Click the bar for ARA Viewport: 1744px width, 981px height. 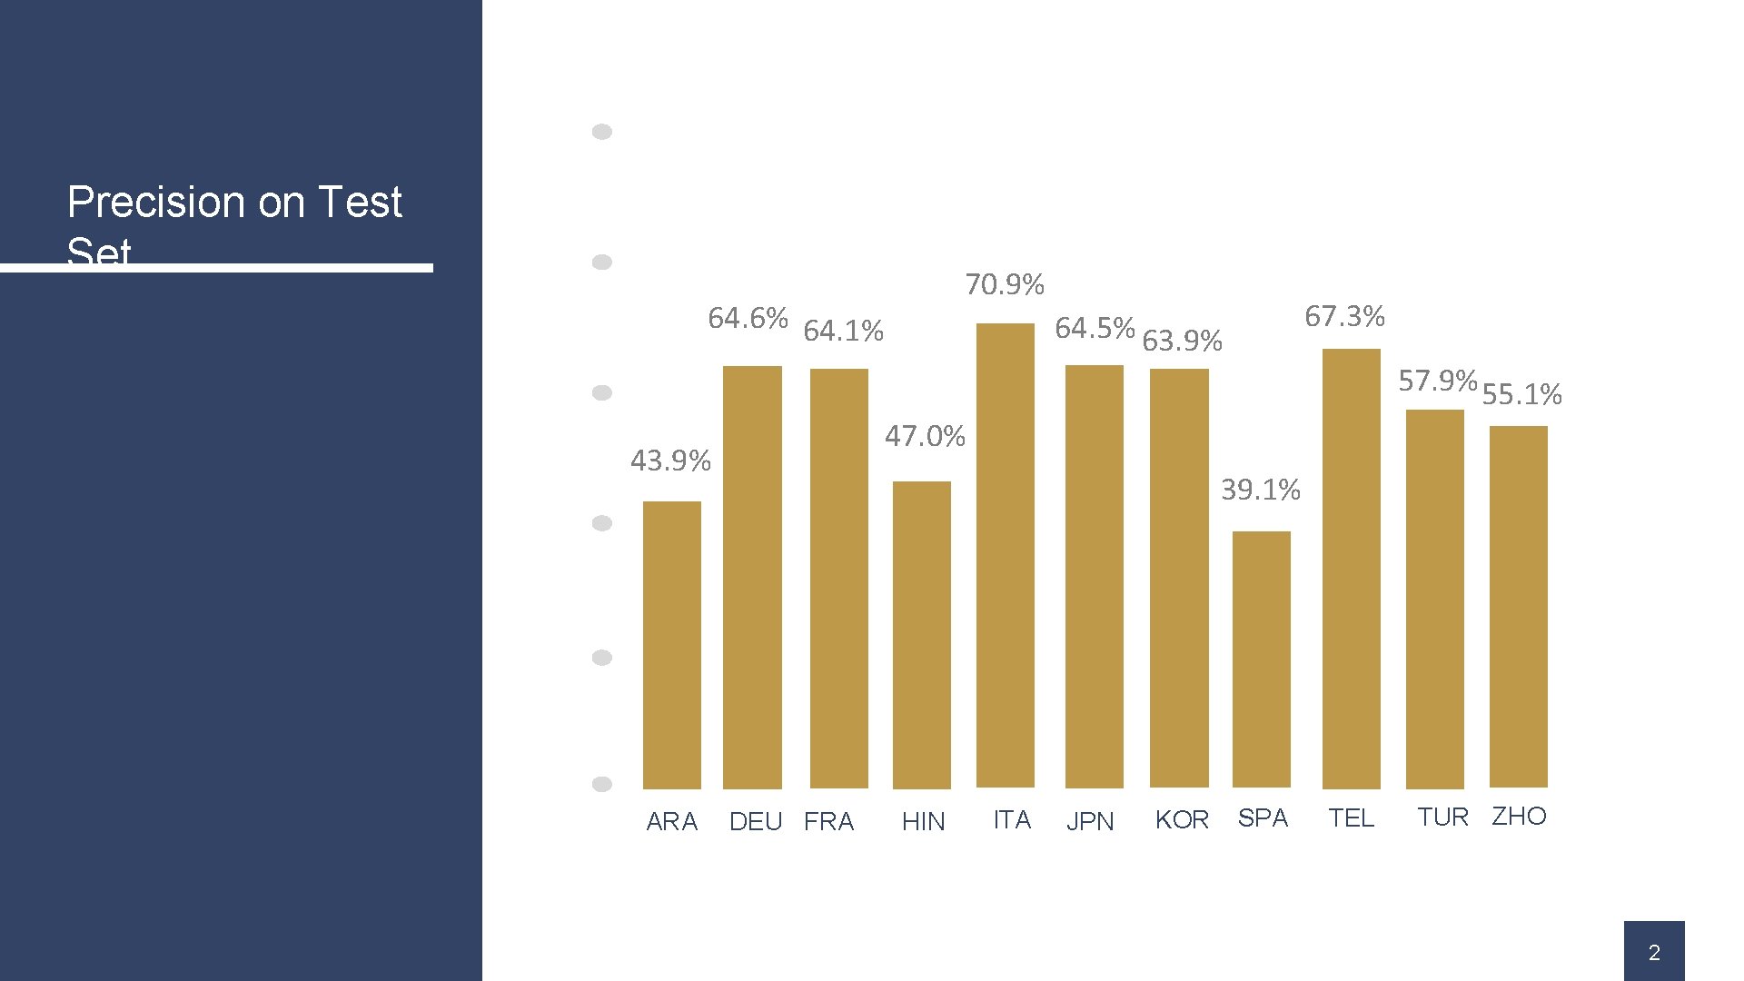[x=671, y=645]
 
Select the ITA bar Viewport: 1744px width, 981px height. [x=1005, y=555]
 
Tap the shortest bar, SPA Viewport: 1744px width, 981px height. [x=1261, y=659]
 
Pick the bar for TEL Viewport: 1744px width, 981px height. [x=1351, y=569]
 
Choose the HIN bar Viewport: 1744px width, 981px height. [x=921, y=635]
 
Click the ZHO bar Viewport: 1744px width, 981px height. [x=1518, y=607]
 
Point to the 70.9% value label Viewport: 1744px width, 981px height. [x=1004, y=285]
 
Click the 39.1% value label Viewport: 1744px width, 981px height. [x=1260, y=490]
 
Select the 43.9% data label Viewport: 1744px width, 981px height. [x=670, y=461]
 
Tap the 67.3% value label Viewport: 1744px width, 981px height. [x=1344, y=317]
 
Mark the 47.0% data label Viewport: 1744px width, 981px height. [x=925, y=437]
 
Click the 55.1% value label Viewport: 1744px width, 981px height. [x=1521, y=395]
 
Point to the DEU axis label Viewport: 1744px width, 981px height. [x=755, y=822]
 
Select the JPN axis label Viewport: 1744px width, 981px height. [x=1089, y=822]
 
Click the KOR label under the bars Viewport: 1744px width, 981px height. [x=1182, y=820]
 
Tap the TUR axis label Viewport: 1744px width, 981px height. [x=1442, y=817]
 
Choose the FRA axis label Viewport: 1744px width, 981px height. [x=828, y=822]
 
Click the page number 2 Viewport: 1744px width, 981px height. [x=1653, y=953]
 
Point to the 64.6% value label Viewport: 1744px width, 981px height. [x=748, y=319]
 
